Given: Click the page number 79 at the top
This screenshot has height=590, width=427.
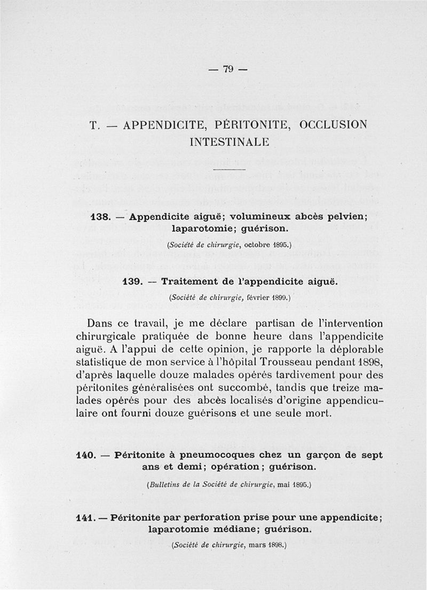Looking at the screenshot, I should coord(228,69).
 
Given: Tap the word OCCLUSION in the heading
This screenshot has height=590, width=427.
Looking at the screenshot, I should coord(334,125).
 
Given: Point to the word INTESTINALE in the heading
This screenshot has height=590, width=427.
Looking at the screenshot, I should coord(229,143).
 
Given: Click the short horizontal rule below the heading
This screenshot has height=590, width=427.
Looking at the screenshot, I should coord(229,169).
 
